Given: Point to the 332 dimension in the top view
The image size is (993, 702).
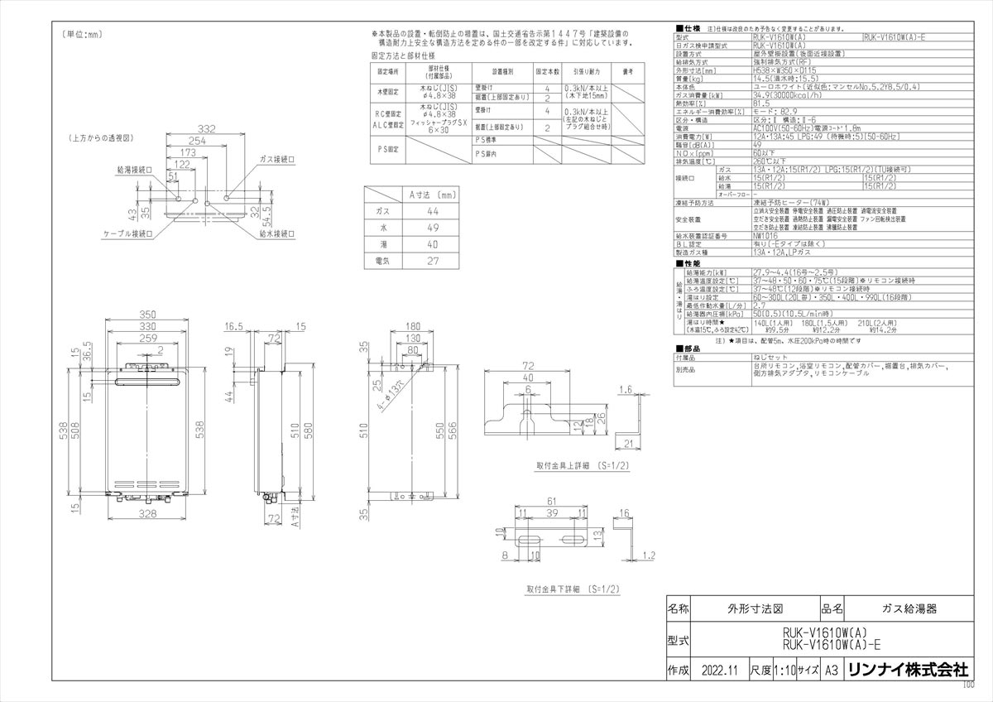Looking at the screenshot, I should [208, 128].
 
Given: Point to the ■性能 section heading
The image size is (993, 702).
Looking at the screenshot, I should [688, 262].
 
